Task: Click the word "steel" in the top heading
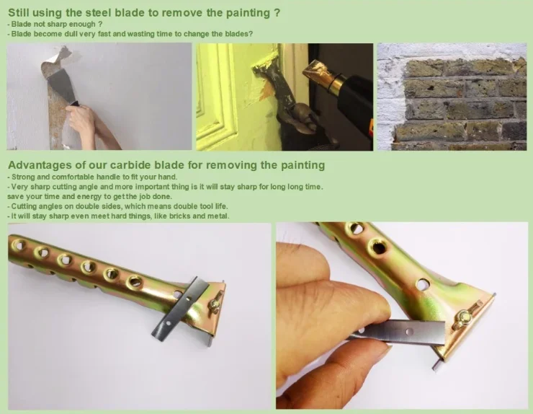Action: (x=97, y=12)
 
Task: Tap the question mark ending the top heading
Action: (x=277, y=12)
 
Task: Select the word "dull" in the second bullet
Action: (x=71, y=34)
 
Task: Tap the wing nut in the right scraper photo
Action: (x=463, y=317)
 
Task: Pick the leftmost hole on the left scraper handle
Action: (x=18, y=245)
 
